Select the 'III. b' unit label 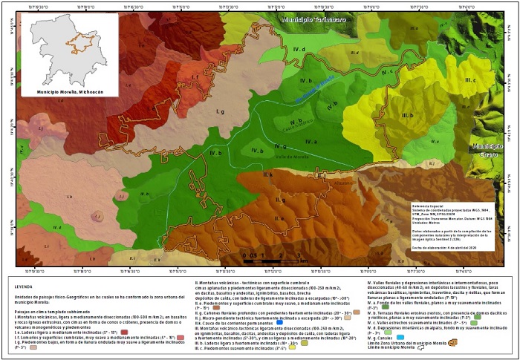pyautogui.click(x=407, y=116)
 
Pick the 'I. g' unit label pyautogui.click(x=220, y=111)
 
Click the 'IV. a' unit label pyautogui.click(x=311, y=141)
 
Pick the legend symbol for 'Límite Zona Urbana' pyautogui.click(x=452, y=344)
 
